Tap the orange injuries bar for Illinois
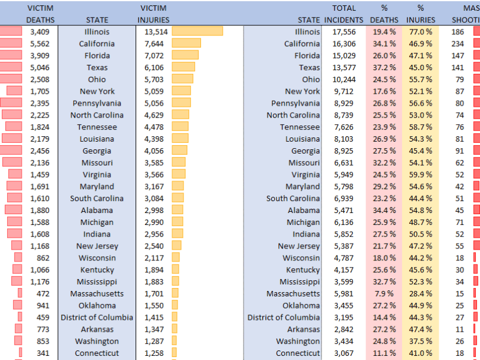[197, 31]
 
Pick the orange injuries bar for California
[186, 43]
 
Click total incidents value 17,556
[340, 32]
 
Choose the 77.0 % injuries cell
[421, 32]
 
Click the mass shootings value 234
[458, 44]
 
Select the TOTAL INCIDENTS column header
[344, 14]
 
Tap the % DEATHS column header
[384, 14]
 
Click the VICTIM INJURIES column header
[153, 14]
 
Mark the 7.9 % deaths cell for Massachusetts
[384, 293]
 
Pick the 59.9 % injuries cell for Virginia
[421, 175]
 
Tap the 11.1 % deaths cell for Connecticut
[384, 353]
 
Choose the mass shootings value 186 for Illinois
[458, 32]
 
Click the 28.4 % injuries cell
[421, 293]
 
